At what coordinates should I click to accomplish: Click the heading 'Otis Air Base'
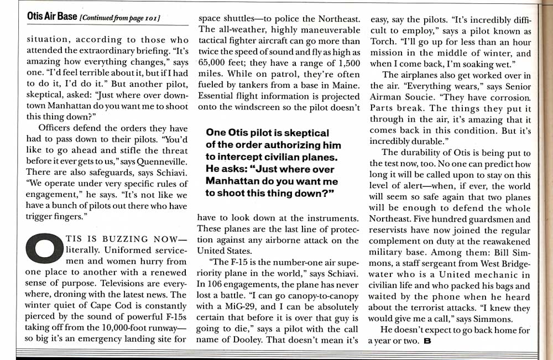point(52,17)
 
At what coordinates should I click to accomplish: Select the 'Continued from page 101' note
point(120,18)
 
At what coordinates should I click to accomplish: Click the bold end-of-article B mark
point(426,341)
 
